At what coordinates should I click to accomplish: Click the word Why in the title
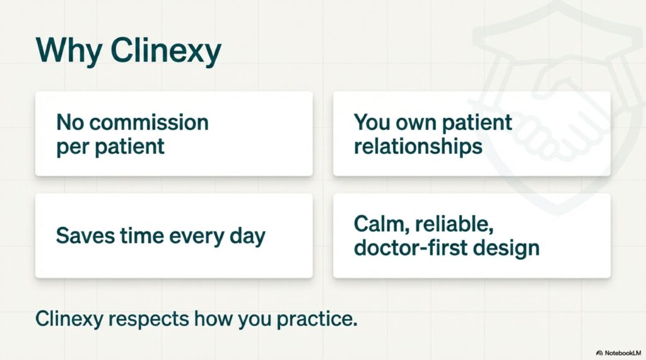coord(68,50)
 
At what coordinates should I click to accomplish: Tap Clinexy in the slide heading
coord(166,50)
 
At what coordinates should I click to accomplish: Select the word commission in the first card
coord(149,122)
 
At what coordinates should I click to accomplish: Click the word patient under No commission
coord(129,147)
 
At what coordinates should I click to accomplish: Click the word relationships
coord(418,147)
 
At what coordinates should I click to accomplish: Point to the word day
coord(247,237)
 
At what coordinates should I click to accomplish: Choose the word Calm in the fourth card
coord(382,224)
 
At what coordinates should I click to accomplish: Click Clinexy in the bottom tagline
coord(69,319)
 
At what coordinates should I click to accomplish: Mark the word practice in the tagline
coord(317,320)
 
